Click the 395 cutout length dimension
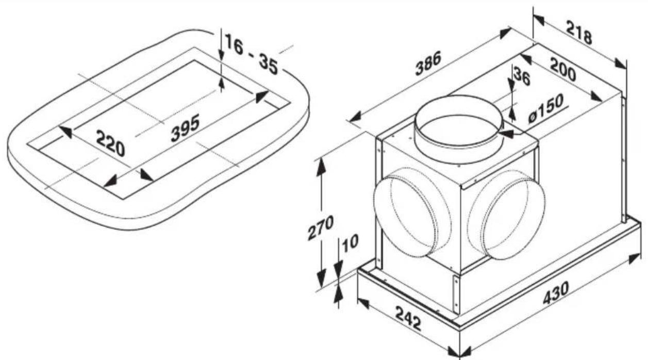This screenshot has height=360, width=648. tap(185, 128)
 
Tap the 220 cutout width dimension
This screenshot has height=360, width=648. tap(110, 143)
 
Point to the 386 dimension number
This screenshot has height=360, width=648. tap(428, 67)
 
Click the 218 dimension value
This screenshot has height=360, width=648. tap(579, 32)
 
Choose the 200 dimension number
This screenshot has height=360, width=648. tap(562, 70)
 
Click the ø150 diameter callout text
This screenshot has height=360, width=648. tap(546, 109)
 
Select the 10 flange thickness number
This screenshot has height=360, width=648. tap(350, 242)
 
